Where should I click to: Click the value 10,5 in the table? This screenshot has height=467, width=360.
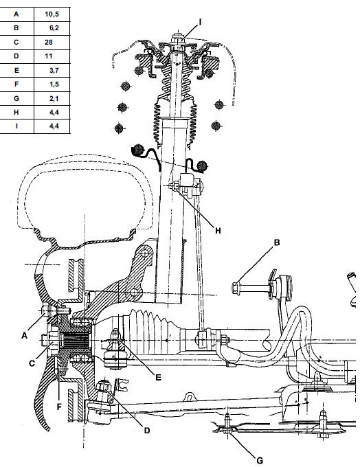(x=52, y=14)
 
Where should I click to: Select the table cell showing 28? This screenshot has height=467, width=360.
(x=49, y=43)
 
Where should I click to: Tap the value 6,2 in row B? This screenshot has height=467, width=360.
(x=54, y=28)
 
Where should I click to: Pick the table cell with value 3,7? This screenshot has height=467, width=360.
(x=54, y=71)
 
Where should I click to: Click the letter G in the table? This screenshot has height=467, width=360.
(x=16, y=98)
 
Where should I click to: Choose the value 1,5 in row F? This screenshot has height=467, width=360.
(x=54, y=84)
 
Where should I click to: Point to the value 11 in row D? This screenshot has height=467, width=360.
(x=49, y=56)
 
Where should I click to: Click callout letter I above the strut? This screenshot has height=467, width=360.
(x=200, y=22)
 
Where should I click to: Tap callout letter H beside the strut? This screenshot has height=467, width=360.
(x=218, y=231)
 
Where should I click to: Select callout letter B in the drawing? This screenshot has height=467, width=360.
(x=277, y=242)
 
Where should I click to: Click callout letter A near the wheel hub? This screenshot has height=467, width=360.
(x=25, y=336)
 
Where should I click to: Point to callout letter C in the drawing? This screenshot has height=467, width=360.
(x=32, y=363)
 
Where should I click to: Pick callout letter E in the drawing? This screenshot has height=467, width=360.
(x=158, y=377)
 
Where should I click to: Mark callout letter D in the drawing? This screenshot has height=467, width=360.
(x=147, y=431)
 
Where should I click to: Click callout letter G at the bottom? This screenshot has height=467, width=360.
(x=260, y=461)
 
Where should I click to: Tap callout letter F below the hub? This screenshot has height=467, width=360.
(x=59, y=407)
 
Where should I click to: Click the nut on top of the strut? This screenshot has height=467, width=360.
(x=177, y=38)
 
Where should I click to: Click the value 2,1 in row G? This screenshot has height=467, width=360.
(x=54, y=98)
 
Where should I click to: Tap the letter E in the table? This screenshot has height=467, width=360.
(x=16, y=71)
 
